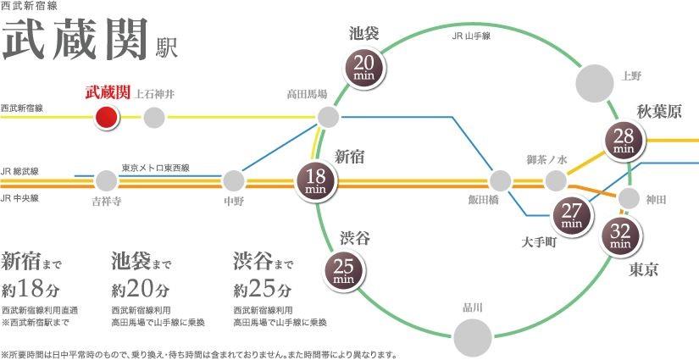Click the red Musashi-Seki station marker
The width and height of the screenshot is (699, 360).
(107, 117)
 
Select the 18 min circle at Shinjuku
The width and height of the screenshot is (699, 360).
(315, 180)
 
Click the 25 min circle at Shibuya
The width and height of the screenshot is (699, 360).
(343, 271)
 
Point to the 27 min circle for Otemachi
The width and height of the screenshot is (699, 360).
(571, 217)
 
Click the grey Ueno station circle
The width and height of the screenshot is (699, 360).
(595, 82)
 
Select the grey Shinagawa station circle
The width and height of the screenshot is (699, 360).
(473, 336)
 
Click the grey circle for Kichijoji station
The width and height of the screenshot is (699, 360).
(106, 180)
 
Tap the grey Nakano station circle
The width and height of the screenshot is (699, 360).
(233, 180)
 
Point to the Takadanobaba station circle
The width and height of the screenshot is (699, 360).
(328, 116)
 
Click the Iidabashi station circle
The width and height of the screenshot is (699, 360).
(500, 180)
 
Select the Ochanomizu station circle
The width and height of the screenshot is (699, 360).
(555, 180)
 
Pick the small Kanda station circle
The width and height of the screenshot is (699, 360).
(629, 198)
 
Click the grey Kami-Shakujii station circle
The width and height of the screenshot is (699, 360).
(153, 117)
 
